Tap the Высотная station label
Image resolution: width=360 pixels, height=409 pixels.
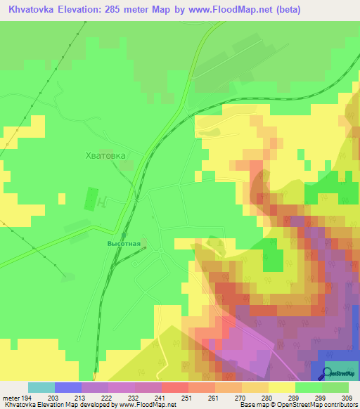pos(124,244)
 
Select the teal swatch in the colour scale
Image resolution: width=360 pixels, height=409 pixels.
pos(41,387)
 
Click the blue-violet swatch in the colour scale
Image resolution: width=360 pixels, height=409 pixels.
pos(68,387)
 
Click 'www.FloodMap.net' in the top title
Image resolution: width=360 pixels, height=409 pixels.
pos(236,11)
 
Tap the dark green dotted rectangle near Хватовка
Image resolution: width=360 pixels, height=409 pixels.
pos(90,198)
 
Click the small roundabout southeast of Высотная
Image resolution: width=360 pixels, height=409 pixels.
pos(161,251)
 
